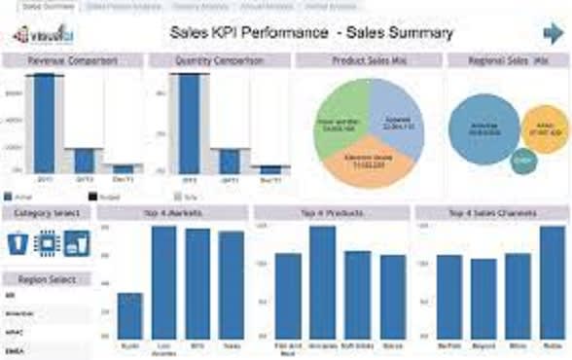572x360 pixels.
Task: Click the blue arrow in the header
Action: click(x=553, y=34)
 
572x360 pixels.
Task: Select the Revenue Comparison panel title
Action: click(x=72, y=60)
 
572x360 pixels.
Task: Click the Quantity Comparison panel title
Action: click(x=219, y=60)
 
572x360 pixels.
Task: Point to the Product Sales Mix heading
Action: click(x=369, y=60)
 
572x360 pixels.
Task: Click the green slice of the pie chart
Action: click(x=342, y=121)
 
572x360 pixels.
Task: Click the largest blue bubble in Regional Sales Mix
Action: click(x=483, y=128)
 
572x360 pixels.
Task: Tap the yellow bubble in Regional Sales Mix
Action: click(x=545, y=129)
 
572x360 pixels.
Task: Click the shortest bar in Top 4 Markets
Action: click(x=130, y=315)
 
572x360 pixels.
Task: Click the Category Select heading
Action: click(x=46, y=212)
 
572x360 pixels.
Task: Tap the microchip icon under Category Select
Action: click(x=46, y=243)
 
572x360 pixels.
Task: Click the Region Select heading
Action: click(x=46, y=278)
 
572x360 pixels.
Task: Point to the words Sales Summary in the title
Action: click(x=400, y=33)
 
